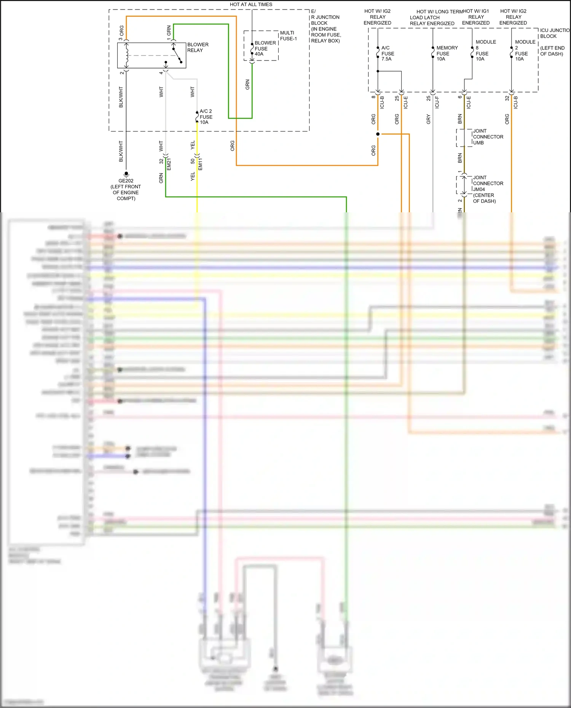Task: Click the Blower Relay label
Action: click(x=198, y=47)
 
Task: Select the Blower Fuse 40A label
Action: click(x=265, y=48)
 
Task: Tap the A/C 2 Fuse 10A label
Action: click(x=206, y=117)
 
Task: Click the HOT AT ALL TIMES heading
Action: click(x=251, y=5)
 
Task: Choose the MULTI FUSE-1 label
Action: click(x=288, y=36)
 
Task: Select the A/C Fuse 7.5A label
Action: click(x=388, y=53)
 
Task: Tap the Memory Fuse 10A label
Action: click(x=447, y=53)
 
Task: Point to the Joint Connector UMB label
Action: click(x=488, y=137)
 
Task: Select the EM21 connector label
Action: click(x=169, y=164)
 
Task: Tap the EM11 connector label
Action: click(x=201, y=164)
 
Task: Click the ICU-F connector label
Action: click(x=437, y=102)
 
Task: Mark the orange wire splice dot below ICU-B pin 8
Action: click(x=378, y=134)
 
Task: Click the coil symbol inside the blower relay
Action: click(x=127, y=56)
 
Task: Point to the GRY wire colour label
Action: click(x=428, y=119)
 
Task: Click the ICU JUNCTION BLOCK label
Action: click(x=554, y=33)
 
